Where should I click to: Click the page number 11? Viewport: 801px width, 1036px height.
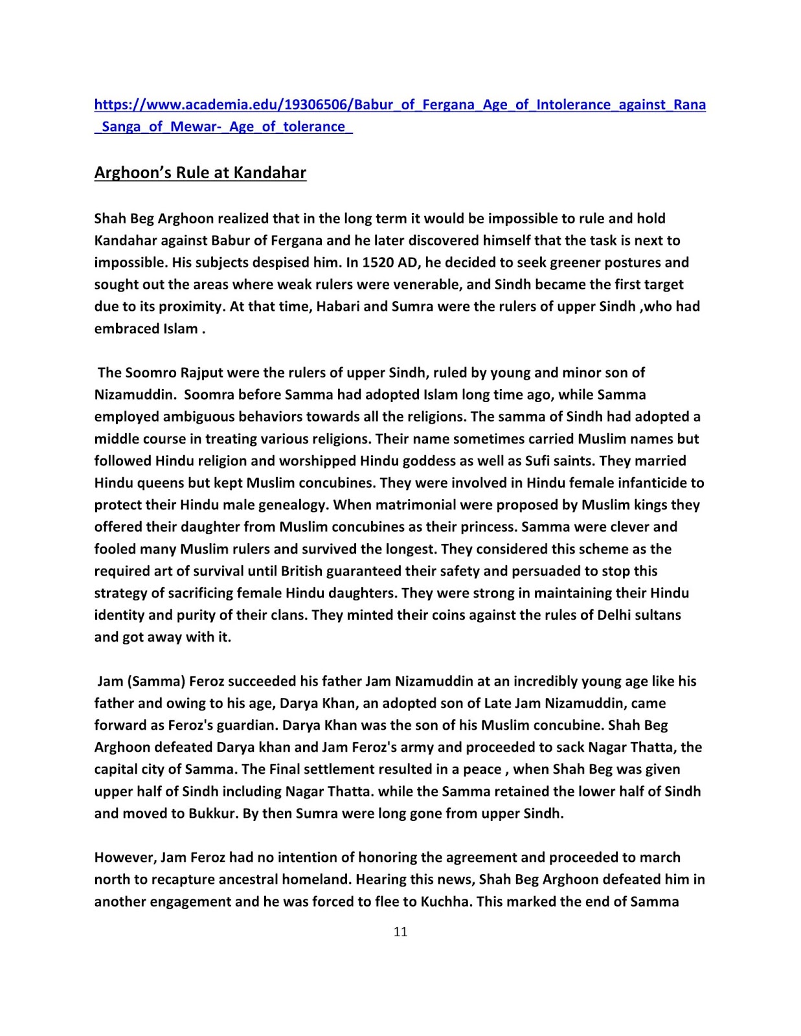(400, 932)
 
